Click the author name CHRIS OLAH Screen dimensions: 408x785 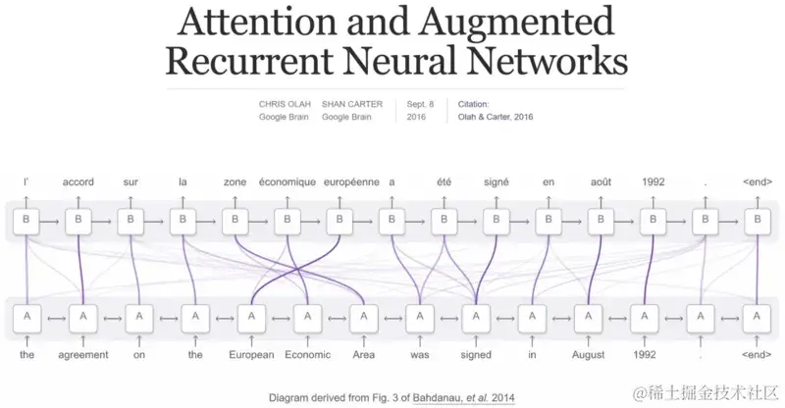282,103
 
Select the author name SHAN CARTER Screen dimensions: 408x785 350,103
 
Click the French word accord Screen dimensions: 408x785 78,182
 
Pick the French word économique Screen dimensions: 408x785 288,182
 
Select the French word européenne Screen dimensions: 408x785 340,182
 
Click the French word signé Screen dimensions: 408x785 497,182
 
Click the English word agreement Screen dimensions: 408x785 84,354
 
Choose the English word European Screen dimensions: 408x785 251,354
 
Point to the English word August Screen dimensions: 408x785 588,354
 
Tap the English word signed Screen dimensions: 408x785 476,354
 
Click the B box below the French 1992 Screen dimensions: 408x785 654,222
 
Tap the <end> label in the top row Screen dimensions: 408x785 758,182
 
